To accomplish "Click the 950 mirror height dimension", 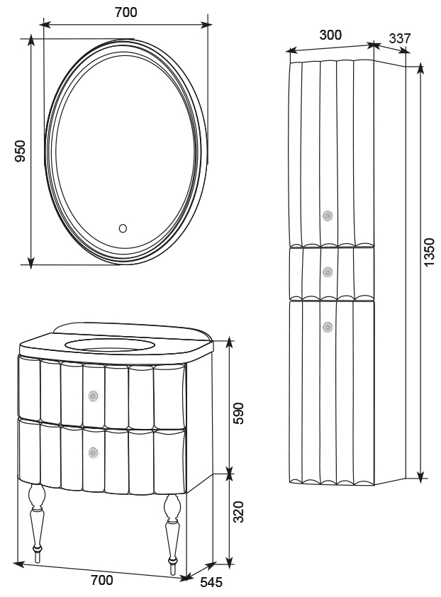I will pos(21,151).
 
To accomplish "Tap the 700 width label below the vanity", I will pos(102,580).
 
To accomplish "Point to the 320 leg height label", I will pos(239,511).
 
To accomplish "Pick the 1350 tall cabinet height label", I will pos(430,252).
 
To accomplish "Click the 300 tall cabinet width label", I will pos(330,35).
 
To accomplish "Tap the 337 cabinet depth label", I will pos(399,39).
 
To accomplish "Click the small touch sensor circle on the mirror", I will pos(123,228).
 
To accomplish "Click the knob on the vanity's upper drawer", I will pos(93,396).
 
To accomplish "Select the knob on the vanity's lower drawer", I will pos(93,451).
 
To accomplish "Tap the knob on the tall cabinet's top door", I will pos(328,216).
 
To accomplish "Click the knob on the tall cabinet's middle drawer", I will pos(328,272).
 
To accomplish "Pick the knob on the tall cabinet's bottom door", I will pos(328,327).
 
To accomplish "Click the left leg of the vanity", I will pos(35,518).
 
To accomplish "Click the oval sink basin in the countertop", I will pos(109,346).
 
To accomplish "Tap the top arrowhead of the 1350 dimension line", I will pos(420,68).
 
